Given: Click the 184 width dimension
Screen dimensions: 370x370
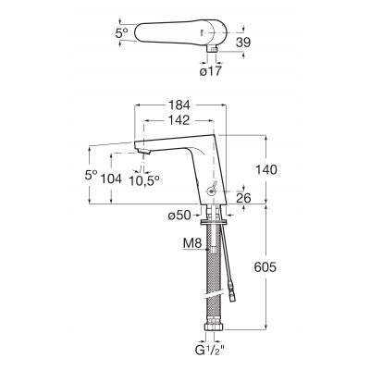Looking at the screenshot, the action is point(179,105).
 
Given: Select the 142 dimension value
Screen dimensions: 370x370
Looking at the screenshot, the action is point(179,120).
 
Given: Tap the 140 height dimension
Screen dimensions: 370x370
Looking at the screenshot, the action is point(266,169).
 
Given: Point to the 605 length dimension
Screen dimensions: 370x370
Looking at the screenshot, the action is point(265,267).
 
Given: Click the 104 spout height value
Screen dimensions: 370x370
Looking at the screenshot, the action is point(111,179).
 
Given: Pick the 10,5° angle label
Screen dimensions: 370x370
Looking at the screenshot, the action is point(144,180).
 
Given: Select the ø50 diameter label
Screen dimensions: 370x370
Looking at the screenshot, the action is point(179,216).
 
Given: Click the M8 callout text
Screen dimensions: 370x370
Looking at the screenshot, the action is point(192,243).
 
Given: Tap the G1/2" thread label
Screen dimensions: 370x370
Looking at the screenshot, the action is point(210,351).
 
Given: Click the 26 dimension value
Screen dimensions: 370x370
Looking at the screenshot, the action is point(243,198).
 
